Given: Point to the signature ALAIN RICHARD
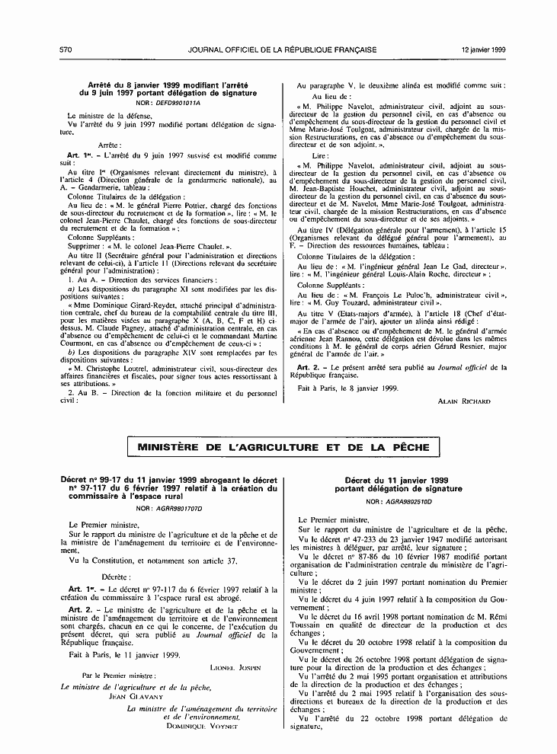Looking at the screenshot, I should [464, 400].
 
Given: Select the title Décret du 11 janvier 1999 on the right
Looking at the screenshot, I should [395, 481].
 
